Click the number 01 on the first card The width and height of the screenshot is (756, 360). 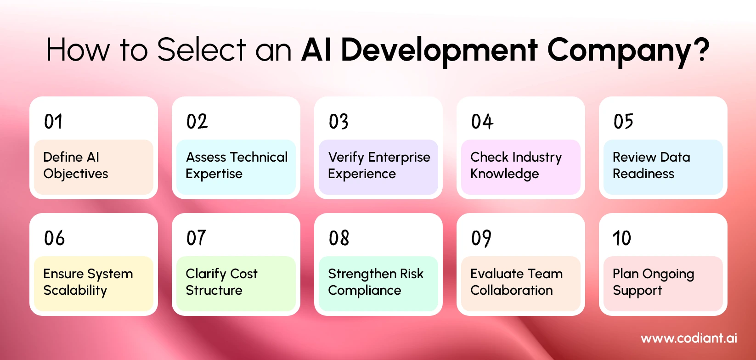[x=53, y=122]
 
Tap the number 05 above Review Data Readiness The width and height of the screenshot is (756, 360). [x=623, y=122]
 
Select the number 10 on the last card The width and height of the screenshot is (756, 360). [x=622, y=238]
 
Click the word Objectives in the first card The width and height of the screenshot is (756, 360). [x=76, y=174]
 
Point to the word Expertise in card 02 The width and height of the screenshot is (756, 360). [x=214, y=174]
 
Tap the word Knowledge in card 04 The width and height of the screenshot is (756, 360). [x=504, y=174]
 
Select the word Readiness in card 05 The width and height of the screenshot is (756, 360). [x=643, y=174]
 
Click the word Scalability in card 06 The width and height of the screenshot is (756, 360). [x=75, y=291]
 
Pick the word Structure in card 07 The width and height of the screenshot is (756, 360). [x=214, y=291]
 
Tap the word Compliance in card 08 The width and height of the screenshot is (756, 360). [x=365, y=291]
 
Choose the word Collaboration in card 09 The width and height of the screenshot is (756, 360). [x=512, y=291]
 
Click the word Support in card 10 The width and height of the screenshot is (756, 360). [x=638, y=291]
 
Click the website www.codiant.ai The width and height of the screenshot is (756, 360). [x=689, y=338]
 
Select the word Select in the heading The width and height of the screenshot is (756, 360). [x=202, y=50]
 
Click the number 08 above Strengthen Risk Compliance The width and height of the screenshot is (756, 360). [x=339, y=238]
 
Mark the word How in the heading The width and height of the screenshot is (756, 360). [x=78, y=50]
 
